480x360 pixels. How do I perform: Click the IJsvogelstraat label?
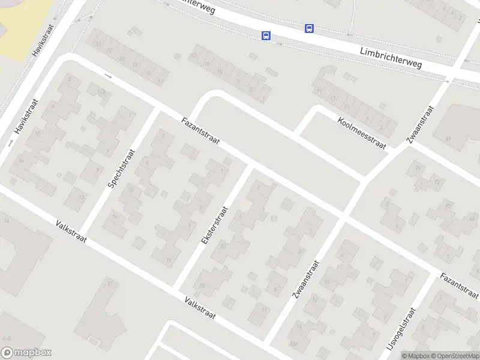[407, 332]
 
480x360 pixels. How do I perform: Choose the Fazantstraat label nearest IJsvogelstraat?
[460, 285]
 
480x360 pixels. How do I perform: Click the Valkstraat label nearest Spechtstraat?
[71, 232]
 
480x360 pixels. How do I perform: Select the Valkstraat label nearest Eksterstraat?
[200, 308]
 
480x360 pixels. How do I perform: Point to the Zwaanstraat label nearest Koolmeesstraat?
[419, 125]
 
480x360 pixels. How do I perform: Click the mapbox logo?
[26, 353]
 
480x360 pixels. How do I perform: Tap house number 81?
[448, 139]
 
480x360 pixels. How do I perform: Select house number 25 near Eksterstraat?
[202, 285]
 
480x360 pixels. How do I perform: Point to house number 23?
[193, 56]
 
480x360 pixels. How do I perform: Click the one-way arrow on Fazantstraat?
[108, 76]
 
